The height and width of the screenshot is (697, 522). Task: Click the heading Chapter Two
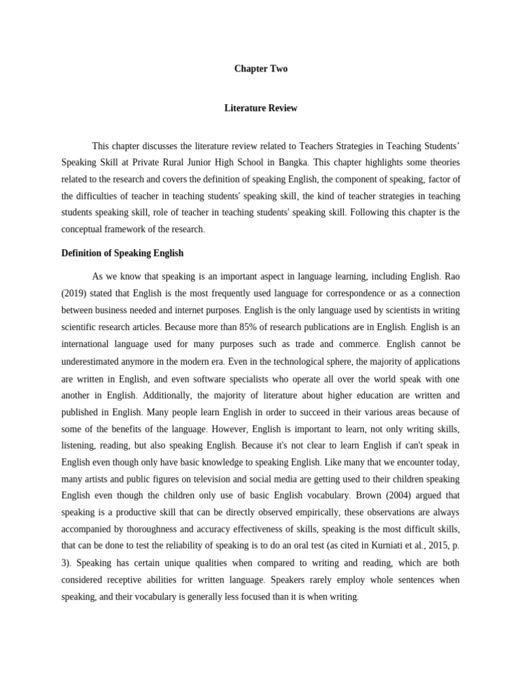(x=261, y=69)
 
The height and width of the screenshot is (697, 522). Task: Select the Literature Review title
(x=261, y=108)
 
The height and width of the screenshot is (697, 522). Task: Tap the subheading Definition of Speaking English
(x=122, y=253)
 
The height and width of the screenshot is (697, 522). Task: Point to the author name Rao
(x=451, y=277)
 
